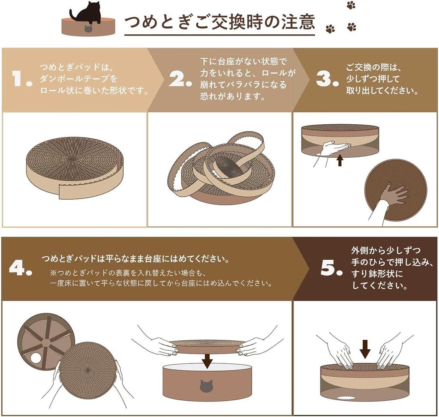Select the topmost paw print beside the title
tap(351, 5)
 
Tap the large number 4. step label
tap(21, 268)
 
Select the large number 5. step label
tap(331, 268)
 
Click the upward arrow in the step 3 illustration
tap(340, 161)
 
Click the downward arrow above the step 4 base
tap(207, 360)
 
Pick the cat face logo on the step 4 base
tap(206, 386)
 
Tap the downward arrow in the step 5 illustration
tap(365, 348)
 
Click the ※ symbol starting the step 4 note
tap(53, 273)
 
